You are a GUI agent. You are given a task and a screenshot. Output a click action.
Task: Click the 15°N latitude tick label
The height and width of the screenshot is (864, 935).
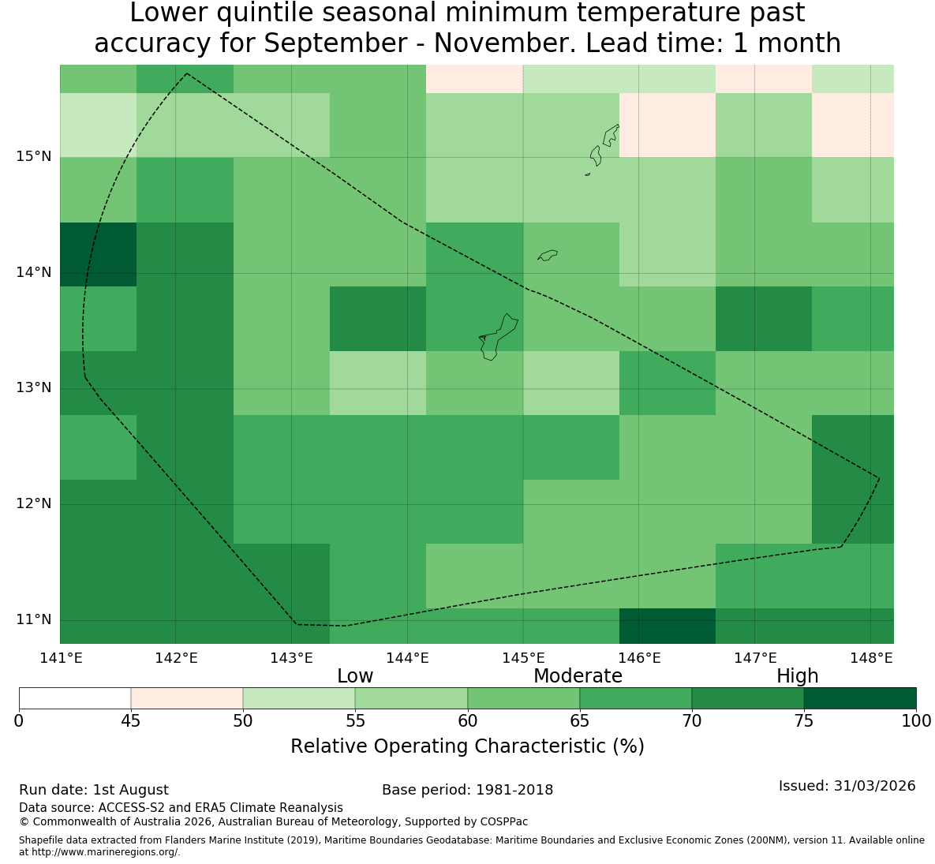pos(34,157)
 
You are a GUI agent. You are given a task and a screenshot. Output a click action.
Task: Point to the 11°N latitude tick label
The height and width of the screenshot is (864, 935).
pos(34,619)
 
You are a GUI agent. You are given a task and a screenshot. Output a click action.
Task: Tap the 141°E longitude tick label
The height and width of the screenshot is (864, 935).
pos(60,658)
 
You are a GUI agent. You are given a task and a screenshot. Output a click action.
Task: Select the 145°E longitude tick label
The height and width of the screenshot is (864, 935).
pos(524,658)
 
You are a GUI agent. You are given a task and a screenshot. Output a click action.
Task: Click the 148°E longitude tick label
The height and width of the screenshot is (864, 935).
pos(870,658)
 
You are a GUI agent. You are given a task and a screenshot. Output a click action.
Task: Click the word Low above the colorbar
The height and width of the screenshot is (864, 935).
pos(355,676)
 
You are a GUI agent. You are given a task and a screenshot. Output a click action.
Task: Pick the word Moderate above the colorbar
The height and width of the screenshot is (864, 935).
pos(578,676)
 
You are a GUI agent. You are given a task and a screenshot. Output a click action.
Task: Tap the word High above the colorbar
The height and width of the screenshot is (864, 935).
pos(797,676)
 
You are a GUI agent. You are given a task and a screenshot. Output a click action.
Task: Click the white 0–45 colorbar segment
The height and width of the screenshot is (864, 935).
pos(75,698)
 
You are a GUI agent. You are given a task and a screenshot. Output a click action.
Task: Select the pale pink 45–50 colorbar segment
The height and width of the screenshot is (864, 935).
pos(187,698)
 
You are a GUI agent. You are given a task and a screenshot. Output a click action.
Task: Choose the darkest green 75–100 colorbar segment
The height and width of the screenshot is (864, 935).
pos(860,698)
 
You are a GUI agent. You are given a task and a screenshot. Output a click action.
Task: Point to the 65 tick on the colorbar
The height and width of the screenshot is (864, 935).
pos(580,721)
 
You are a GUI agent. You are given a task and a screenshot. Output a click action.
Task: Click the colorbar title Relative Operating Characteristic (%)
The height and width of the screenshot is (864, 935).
pos(467,746)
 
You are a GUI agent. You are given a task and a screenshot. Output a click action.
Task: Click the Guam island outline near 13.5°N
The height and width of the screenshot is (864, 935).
pos(497,338)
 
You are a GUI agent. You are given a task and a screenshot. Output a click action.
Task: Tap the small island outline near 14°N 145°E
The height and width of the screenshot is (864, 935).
pos(548,255)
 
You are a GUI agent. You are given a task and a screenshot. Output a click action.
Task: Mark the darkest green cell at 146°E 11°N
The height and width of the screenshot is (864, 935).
pos(668,626)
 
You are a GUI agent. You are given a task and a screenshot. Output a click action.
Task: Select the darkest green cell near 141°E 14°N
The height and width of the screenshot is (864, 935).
pos(99,255)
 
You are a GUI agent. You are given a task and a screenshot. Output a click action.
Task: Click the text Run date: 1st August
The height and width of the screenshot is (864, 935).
pos(94,790)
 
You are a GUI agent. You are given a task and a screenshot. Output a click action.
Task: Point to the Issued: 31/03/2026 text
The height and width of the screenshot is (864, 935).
pos(847,786)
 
